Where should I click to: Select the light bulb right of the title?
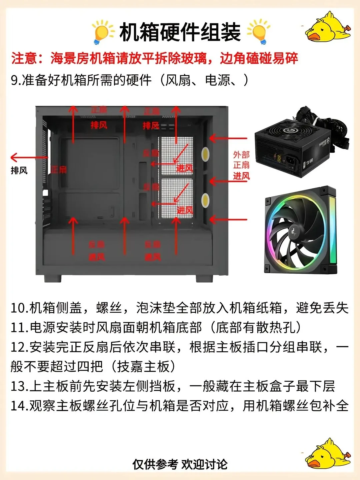258,32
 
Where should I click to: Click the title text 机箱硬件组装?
180,32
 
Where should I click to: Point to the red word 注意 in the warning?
24,58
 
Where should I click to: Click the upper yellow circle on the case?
205,154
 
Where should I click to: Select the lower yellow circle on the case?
205,200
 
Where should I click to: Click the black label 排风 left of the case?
19,171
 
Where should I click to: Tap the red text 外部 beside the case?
241,155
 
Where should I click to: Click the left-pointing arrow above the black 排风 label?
28,157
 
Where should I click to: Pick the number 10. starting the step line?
19,308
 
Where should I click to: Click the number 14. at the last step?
19,406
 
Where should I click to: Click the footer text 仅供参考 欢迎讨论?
180,464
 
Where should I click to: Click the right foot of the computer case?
204,278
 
